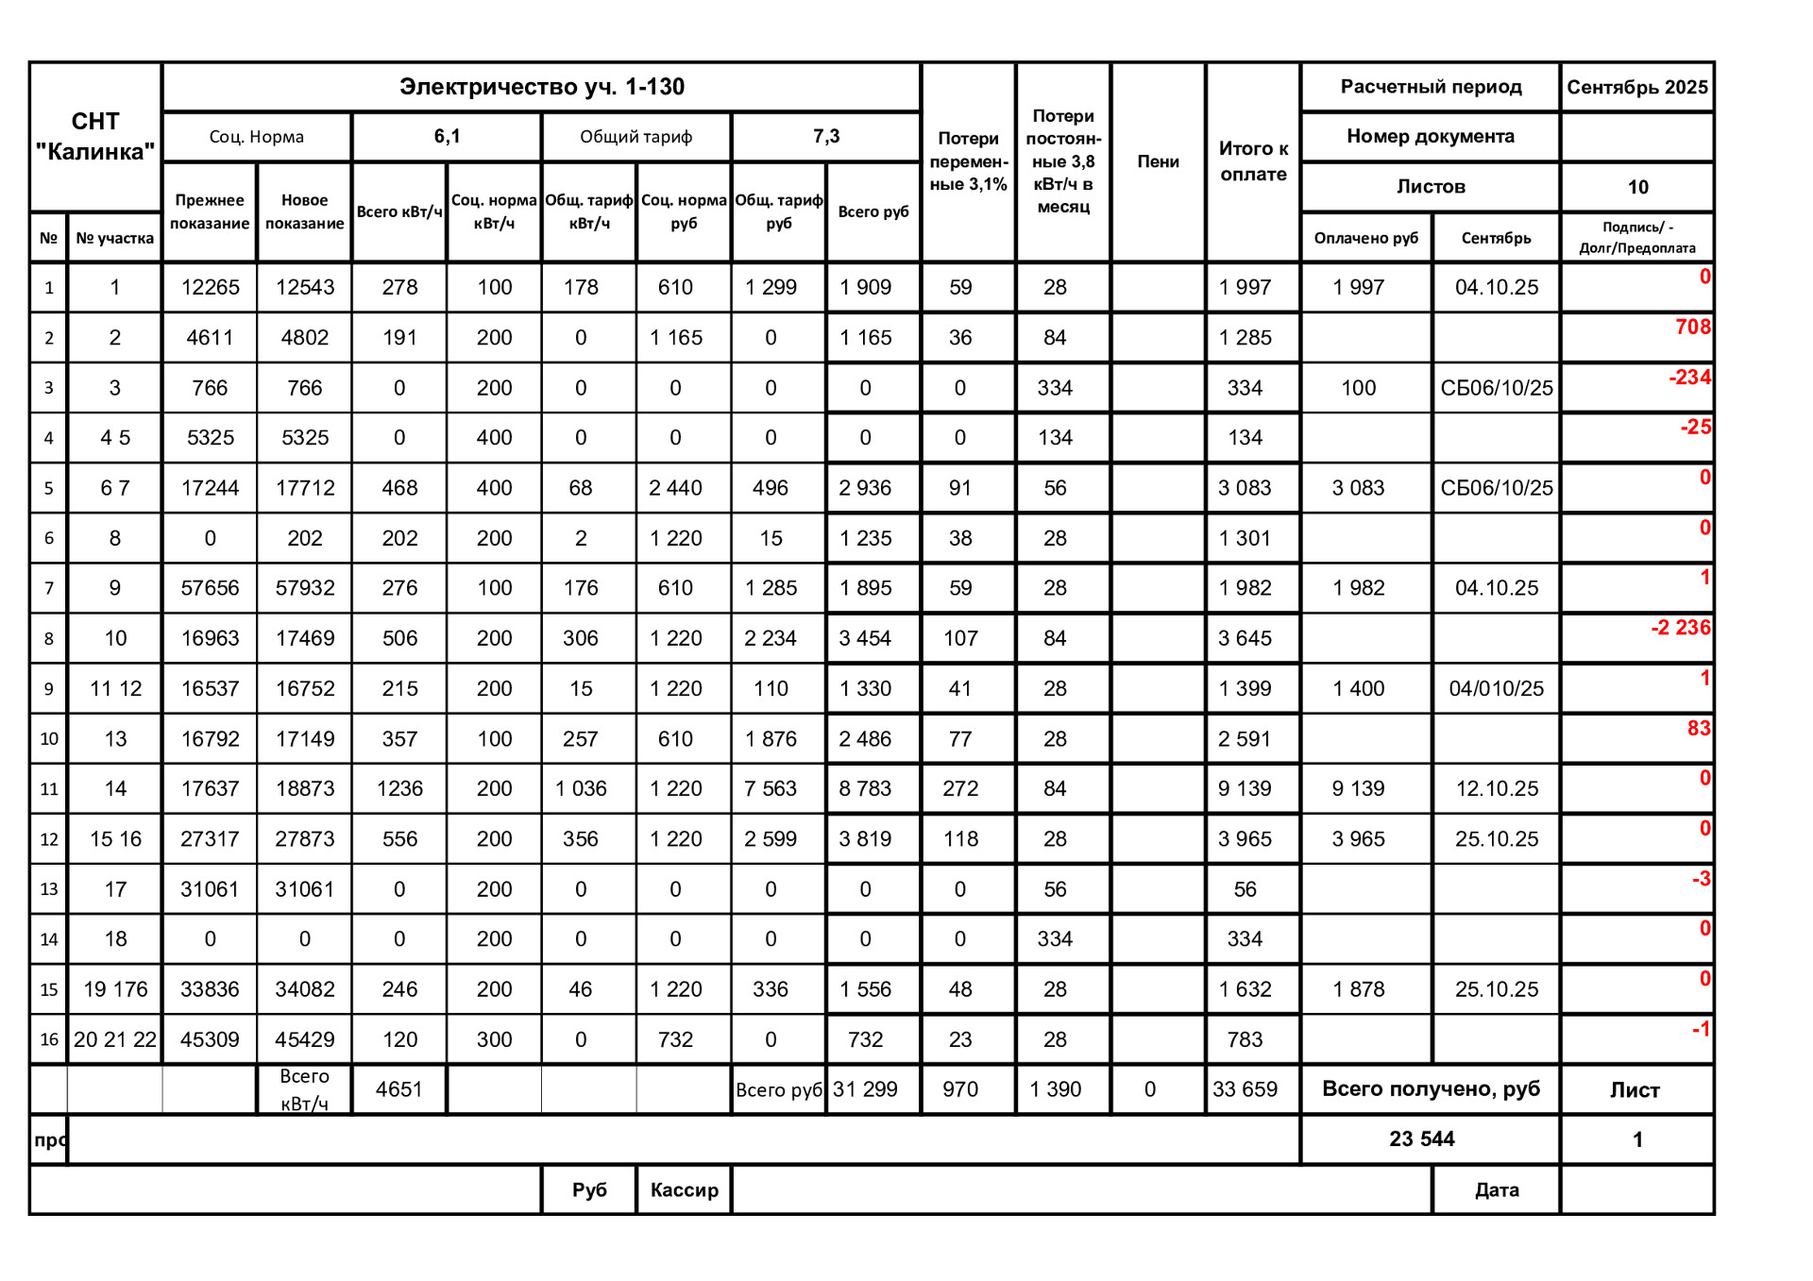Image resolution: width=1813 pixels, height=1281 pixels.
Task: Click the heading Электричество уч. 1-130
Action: pos(541,87)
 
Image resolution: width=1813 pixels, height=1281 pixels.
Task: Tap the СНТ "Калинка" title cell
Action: pos(95,136)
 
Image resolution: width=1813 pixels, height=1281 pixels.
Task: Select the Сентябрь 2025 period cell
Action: pos(1636,87)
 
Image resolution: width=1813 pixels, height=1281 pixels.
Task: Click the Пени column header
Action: pos(1158,161)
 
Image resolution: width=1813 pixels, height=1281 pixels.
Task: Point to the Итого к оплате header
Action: pos(1253,161)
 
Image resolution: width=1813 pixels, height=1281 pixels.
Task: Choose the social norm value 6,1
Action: pos(447,136)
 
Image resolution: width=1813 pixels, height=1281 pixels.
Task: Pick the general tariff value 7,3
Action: pos(825,136)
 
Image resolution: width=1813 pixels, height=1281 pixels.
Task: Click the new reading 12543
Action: pos(304,287)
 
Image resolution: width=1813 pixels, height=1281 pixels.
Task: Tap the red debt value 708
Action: pos(1692,327)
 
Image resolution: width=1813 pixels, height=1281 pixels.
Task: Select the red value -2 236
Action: pos(1680,628)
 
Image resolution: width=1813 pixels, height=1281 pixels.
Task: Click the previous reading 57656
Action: pos(210,588)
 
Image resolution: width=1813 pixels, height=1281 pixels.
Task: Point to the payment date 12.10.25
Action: pos(1496,788)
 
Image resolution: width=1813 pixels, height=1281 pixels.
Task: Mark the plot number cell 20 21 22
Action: pos(115,1039)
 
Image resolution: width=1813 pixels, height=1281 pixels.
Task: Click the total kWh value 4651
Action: pos(398,1089)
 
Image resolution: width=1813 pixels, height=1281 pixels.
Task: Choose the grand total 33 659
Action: pos(1245,1089)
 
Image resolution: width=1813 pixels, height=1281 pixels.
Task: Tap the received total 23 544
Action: pos(1421,1139)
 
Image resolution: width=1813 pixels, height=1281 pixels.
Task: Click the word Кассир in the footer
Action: pos(684,1189)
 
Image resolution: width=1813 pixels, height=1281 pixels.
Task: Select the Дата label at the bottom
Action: pos(1496,1189)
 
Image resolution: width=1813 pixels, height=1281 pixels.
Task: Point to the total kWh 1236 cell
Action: pos(399,788)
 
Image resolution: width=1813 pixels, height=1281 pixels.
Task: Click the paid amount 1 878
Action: pos(1358,989)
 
